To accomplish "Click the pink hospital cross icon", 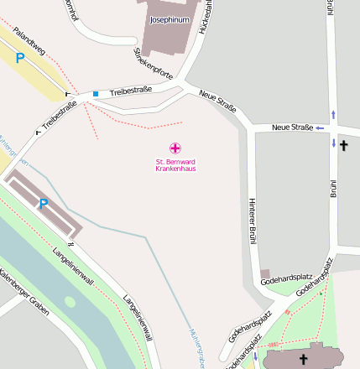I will pyautogui.click(x=175, y=148).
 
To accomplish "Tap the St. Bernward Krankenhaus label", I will pyautogui.click(x=175, y=165).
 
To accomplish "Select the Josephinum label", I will pyautogui.click(x=170, y=18).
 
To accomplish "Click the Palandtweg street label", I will pyautogui.click(x=28, y=44).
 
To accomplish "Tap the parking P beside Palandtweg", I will pyautogui.click(x=20, y=58).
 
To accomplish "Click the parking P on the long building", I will pyautogui.click(x=43, y=203).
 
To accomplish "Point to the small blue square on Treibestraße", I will pyautogui.click(x=96, y=93).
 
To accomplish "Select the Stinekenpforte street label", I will pyautogui.click(x=154, y=64).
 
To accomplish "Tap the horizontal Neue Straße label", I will pyautogui.click(x=292, y=127).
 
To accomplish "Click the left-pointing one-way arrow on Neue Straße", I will pyautogui.click(x=320, y=127).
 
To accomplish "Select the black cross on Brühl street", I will pyautogui.click(x=344, y=145).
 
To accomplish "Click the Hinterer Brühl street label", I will pyautogui.click(x=251, y=221).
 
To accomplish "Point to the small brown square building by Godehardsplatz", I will pyautogui.click(x=265, y=274).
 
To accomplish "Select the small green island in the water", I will pyautogui.click(x=69, y=303).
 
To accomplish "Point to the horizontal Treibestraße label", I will pyautogui.click(x=131, y=89).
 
